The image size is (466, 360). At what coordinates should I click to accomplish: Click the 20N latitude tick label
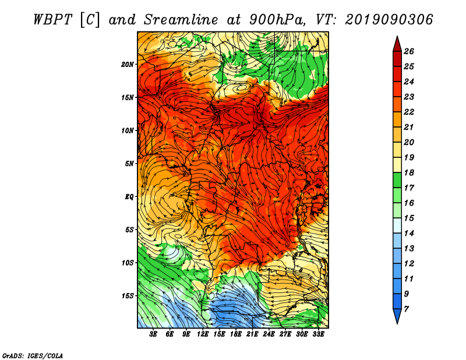[128, 64]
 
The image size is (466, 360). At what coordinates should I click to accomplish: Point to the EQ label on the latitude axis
[129, 196]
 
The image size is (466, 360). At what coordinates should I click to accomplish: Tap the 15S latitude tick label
[128, 296]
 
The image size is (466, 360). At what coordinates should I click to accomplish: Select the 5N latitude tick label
[129, 164]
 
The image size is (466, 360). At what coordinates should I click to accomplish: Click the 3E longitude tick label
[153, 334]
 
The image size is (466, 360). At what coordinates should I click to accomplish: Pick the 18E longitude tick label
[236, 334]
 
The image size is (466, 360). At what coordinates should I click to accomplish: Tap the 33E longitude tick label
[318, 334]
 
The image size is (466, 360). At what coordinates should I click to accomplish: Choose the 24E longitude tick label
[269, 334]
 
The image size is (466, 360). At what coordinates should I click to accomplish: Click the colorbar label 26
[409, 51]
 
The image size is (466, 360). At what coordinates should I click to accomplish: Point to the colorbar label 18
[409, 172]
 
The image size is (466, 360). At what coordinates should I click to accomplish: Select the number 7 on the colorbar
[406, 309]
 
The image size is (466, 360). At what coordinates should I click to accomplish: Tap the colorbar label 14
[409, 234]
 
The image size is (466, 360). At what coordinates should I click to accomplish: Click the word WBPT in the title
[52, 20]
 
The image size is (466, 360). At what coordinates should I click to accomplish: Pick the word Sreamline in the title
[181, 20]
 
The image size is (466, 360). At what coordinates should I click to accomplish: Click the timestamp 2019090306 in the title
[389, 20]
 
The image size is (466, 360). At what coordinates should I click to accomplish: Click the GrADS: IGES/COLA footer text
[33, 356]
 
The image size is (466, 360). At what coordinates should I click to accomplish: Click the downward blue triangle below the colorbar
[397, 315]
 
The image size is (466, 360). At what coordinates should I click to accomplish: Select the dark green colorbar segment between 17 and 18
[397, 180]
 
